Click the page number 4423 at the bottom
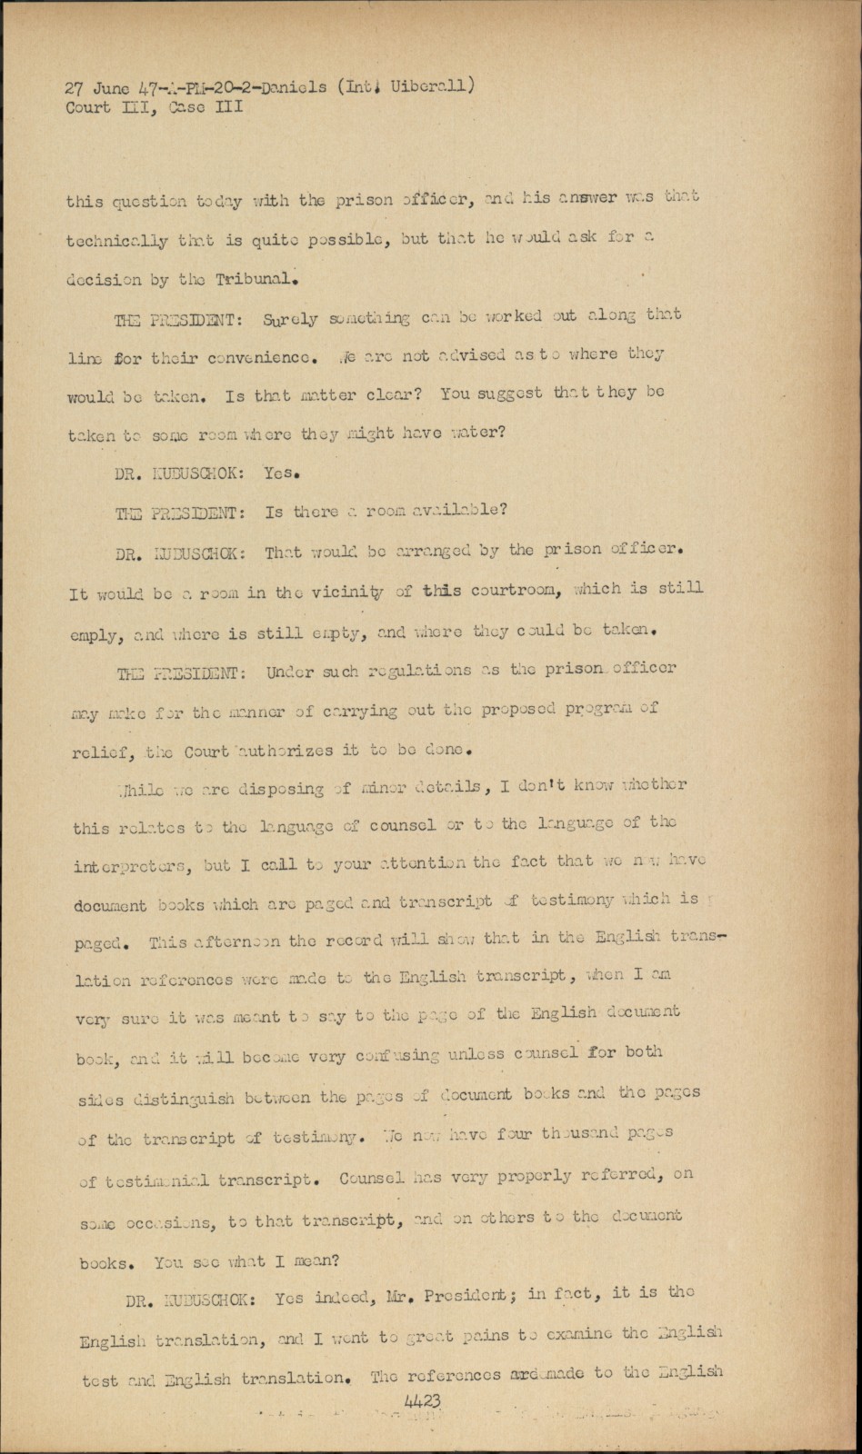pyautogui.click(x=423, y=1401)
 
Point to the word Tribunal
pyautogui.click(x=256, y=278)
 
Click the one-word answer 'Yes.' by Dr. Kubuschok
pyautogui.click(x=282, y=473)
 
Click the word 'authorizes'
pyautogui.click(x=287, y=751)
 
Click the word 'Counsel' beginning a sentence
pyautogui.click(x=371, y=1179)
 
